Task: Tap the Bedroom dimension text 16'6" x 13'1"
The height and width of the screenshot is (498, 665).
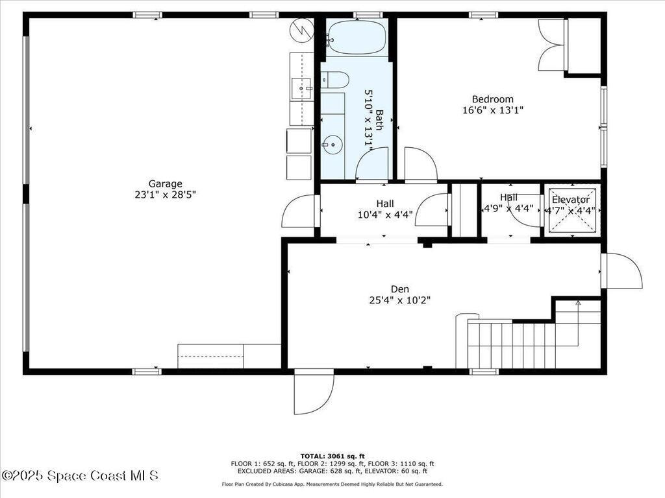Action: [x=492, y=110]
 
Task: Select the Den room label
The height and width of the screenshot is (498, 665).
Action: [x=399, y=289]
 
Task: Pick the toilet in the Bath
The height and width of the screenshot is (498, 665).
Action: [x=336, y=80]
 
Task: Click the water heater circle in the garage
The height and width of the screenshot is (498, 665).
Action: [x=302, y=30]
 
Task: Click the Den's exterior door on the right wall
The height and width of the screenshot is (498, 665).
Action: [x=620, y=272]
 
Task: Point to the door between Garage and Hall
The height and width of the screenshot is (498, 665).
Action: [x=299, y=212]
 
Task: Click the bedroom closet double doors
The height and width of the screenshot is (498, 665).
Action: [x=552, y=45]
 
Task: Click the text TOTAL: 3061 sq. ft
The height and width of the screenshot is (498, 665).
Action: [x=332, y=456]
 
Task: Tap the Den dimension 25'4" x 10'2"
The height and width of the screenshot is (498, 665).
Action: [x=399, y=300]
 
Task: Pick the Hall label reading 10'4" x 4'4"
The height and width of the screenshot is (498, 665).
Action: [x=384, y=215]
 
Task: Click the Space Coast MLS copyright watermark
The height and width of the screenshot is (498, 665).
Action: [x=79, y=476]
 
